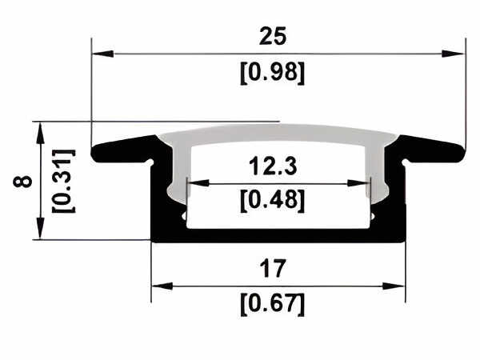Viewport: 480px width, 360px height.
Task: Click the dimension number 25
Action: [x=273, y=36]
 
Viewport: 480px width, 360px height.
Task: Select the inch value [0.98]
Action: [x=273, y=73]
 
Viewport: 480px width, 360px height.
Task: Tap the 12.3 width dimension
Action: [x=273, y=166]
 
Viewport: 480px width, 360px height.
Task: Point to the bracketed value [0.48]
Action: [x=273, y=201]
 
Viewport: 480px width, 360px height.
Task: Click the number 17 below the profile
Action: [x=273, y=269]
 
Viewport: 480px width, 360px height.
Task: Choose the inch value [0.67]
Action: [x=273, y=304]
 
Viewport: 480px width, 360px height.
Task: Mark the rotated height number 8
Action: [x=22, y=181]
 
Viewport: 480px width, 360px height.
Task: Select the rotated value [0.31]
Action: [x=64, y=181]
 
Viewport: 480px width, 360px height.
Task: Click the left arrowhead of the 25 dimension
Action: [x=103, y=54]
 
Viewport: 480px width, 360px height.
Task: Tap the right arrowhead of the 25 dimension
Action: [x=453, y=54]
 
